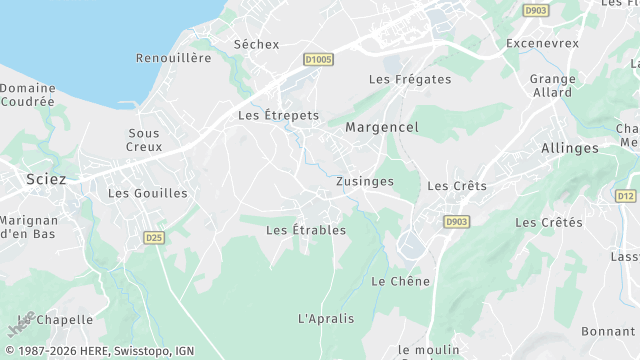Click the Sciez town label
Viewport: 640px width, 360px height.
click(x=46, y=180)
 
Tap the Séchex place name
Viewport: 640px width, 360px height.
click(x=256, y=44)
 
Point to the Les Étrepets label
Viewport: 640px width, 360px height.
click(x=278, y=115)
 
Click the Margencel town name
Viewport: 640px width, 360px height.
click(x=381, y=127)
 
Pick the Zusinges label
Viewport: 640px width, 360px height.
click(x=365, y=181)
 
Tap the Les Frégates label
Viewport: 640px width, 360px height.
click(x=410, y=79)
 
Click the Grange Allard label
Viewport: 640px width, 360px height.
click(x=552, y=86)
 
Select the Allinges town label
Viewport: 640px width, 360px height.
click(x=569, y=148)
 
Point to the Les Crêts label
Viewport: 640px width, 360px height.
click(x=457, y=186)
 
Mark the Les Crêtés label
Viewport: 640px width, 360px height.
click(x=548, y=222)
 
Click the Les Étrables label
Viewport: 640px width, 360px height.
click(x=306, y=230)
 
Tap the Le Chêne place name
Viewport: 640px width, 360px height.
click(x=393, y=281)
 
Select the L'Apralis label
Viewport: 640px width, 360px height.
click(x=326, y=319)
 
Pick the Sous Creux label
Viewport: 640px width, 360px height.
click(x=144, y=140)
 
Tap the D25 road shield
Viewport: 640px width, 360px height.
click(x=154, y=237)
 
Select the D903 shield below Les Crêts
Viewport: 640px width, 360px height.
click(x=456, y=221)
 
